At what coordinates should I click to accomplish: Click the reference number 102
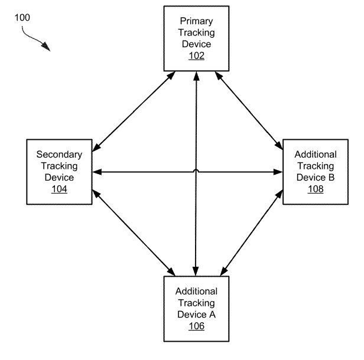196,56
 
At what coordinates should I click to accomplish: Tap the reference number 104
59,189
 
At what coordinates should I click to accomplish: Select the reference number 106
196,326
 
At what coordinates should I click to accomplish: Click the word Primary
196,21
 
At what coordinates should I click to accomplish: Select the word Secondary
59,155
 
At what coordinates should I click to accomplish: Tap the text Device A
196,314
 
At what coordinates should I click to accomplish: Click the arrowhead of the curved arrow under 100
47,48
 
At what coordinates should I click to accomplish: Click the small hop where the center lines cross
196,171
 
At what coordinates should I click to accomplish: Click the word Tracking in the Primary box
196,32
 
